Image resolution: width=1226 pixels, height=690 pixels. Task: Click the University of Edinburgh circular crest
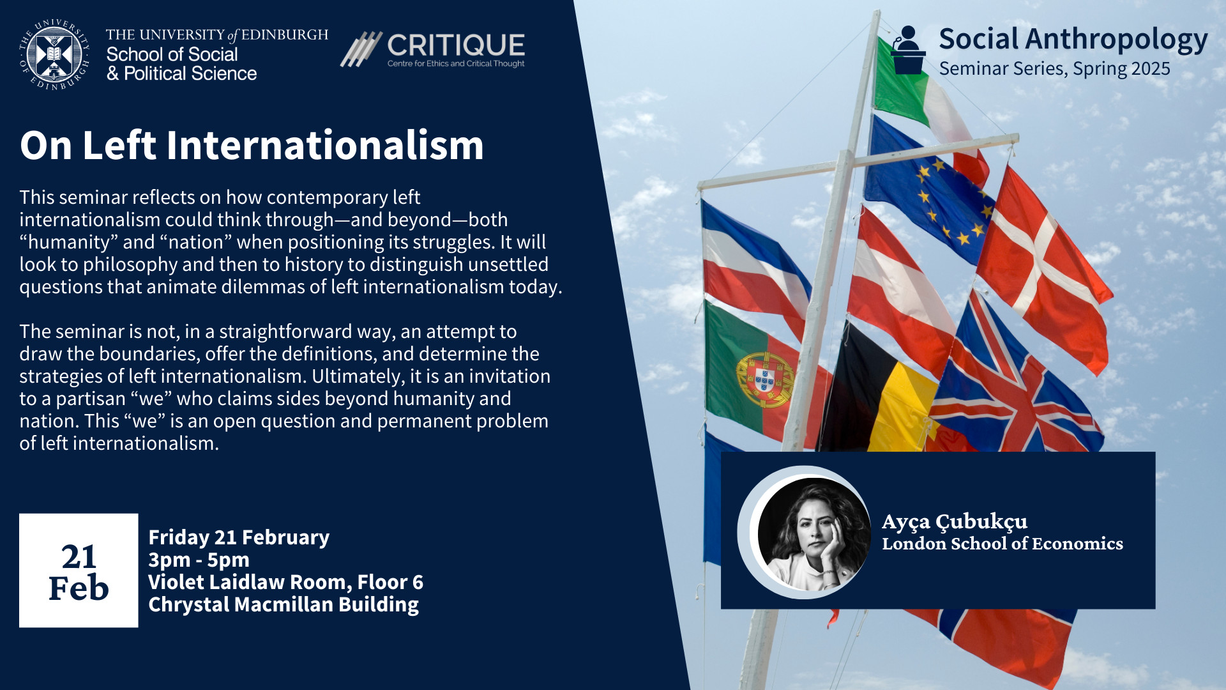54,54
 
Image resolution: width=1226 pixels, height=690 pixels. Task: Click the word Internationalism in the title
325,145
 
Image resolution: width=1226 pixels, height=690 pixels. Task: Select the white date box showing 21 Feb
79,571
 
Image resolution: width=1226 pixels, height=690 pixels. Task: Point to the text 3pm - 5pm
199,560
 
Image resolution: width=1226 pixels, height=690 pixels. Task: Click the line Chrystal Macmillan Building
284,604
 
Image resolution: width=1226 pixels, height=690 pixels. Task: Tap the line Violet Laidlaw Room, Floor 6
285,582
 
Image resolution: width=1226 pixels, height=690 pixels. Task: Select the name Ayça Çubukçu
955,522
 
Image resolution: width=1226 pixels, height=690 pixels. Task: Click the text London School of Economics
1003,544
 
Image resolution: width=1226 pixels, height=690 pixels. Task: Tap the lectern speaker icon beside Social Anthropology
908,50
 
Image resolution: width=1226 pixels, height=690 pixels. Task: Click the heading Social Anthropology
1073,40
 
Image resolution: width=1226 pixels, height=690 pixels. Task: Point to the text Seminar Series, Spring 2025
1054,69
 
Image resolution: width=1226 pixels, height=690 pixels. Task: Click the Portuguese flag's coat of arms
764,380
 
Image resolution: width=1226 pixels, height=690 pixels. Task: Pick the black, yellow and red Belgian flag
881,390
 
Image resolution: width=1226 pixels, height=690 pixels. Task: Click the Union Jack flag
1015,383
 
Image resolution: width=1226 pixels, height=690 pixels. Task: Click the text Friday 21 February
239,537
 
